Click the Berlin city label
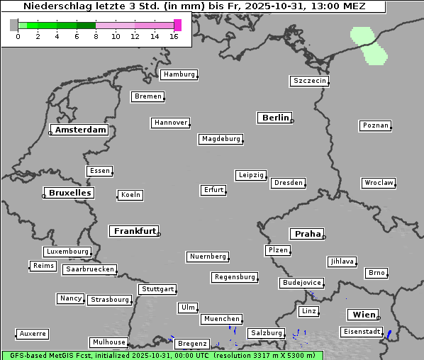[x=275, y=118]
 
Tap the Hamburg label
[x=178, y=74]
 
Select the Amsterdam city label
[x=80, y=130]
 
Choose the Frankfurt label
[x=135, y=231]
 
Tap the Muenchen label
[x=222, y=320]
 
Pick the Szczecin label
[x=310, y=81]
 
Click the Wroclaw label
[x=379, y=183]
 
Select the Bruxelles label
[x=69, y=193]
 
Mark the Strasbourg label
[x=110, y=300]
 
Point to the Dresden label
[x=289, y=183]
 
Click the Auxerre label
[x=33, y=333]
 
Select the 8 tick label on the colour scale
[x=96, y=36]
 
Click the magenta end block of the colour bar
[x=177, y=25]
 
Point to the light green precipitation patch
[x=369, y=45]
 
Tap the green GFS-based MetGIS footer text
[x=162, y=355]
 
